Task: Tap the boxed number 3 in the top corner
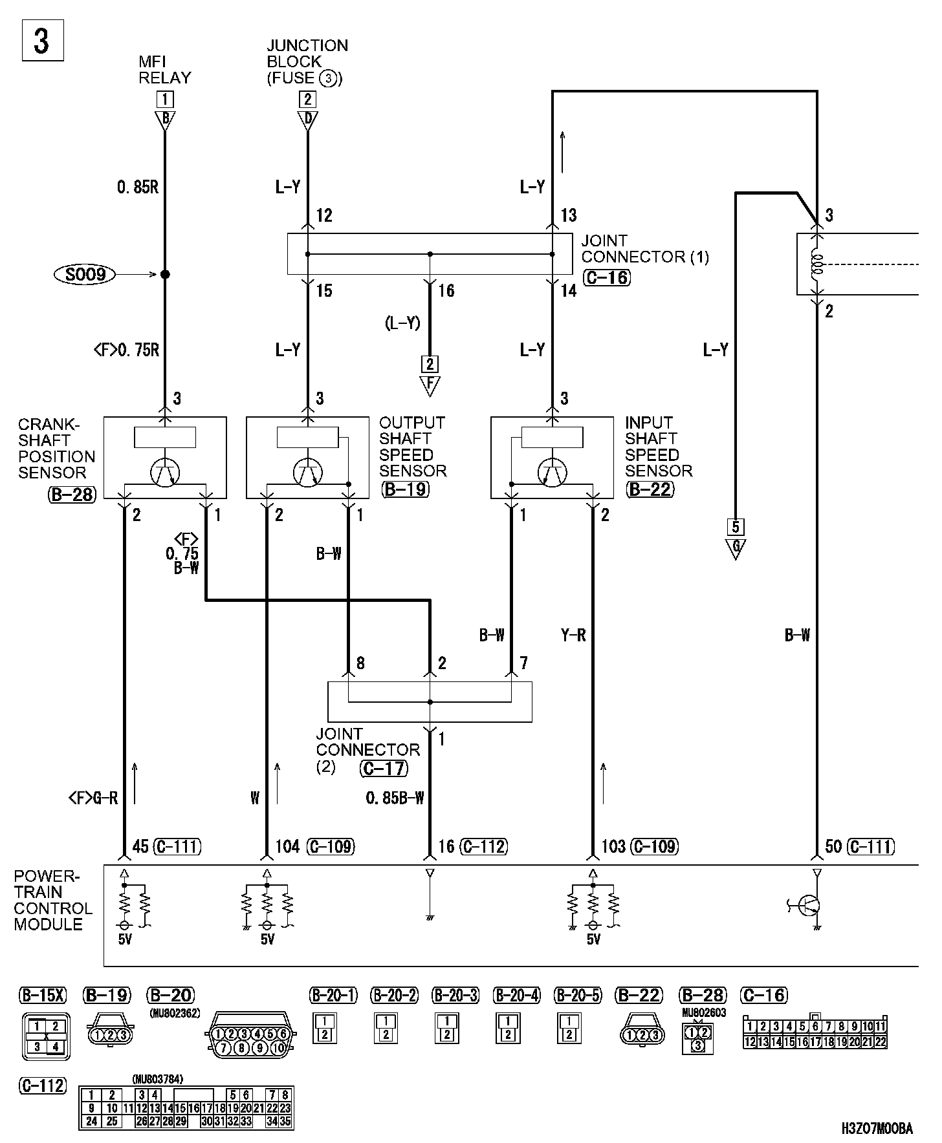[43, 42]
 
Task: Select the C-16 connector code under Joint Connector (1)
[606, 278]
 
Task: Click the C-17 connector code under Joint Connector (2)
[384, 768]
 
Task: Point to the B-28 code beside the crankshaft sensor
[72, 495]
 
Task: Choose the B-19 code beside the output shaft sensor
[405, 489]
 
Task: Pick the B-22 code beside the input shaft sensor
[650, 489]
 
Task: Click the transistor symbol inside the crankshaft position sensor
[165, 473]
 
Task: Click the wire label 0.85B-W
[395, 798]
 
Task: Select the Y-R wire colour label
[573, 636]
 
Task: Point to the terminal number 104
[287, 846]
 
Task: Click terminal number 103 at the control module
[613, 846]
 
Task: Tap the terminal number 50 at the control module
[833, 846]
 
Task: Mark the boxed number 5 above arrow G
[736, 526]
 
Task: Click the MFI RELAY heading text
[165, 70]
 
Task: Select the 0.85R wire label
[138, 187]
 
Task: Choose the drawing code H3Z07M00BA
[877, 1129]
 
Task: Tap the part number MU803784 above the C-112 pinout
[157, 1079]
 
